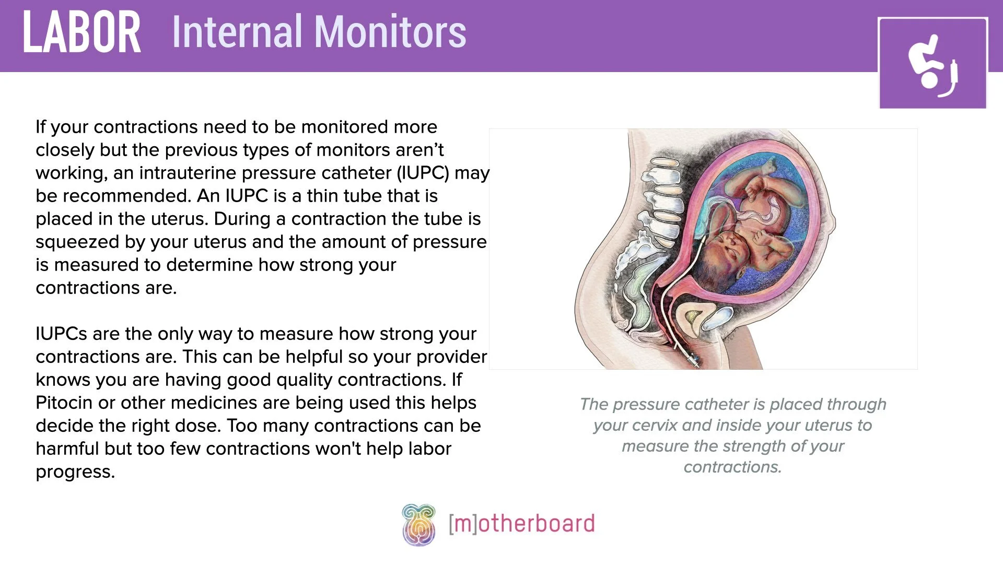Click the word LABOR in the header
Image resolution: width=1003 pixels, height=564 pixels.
pos(81,32)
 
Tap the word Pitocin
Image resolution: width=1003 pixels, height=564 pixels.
pos(64,403)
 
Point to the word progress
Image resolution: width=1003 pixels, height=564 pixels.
pos(75,472)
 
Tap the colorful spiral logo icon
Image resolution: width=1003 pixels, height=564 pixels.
pos(418,524)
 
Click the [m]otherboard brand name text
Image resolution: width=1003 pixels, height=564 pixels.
pos(521,523)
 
